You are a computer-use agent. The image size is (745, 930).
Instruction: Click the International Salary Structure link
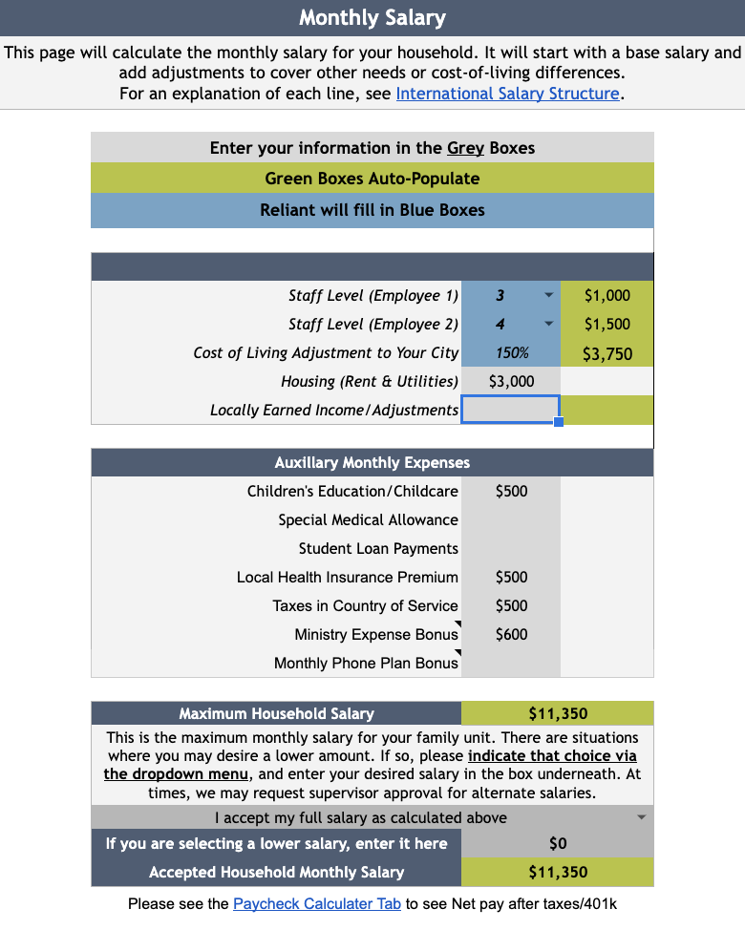point(508,94)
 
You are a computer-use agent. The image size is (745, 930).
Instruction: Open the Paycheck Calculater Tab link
point(317,903)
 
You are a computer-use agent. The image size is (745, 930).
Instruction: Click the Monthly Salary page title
point(372,17)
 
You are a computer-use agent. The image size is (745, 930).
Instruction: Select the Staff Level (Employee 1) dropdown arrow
point(548,295)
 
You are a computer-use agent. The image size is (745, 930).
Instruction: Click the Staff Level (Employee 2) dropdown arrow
point(548,324)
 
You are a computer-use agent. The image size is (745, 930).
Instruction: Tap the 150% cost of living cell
point(512,352)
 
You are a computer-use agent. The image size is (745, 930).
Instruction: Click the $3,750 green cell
point(607,353)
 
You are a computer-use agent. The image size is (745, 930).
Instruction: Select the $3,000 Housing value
point(511,381)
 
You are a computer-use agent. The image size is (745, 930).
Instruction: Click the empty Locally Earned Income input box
point(510,410)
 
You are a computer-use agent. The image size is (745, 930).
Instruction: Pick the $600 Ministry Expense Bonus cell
point(511,634)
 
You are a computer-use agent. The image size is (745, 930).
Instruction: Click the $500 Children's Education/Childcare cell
point(511,491)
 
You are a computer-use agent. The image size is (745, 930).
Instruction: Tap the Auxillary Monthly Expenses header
point(372,462)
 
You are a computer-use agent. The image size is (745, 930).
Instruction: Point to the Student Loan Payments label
point(378,548)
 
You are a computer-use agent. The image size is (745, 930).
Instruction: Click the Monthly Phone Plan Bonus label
point(366,663)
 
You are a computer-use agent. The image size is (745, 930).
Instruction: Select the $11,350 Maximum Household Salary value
point(558,713)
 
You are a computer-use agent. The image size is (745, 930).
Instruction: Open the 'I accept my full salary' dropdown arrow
point(641,817)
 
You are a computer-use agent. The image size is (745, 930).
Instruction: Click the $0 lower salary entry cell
point(558,843)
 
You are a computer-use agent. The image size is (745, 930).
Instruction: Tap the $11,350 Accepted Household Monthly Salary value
point(558,872)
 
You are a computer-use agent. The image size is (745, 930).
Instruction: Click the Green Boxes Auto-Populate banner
point(372,179)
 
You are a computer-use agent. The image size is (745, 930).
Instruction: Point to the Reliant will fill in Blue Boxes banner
point(372,210)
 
